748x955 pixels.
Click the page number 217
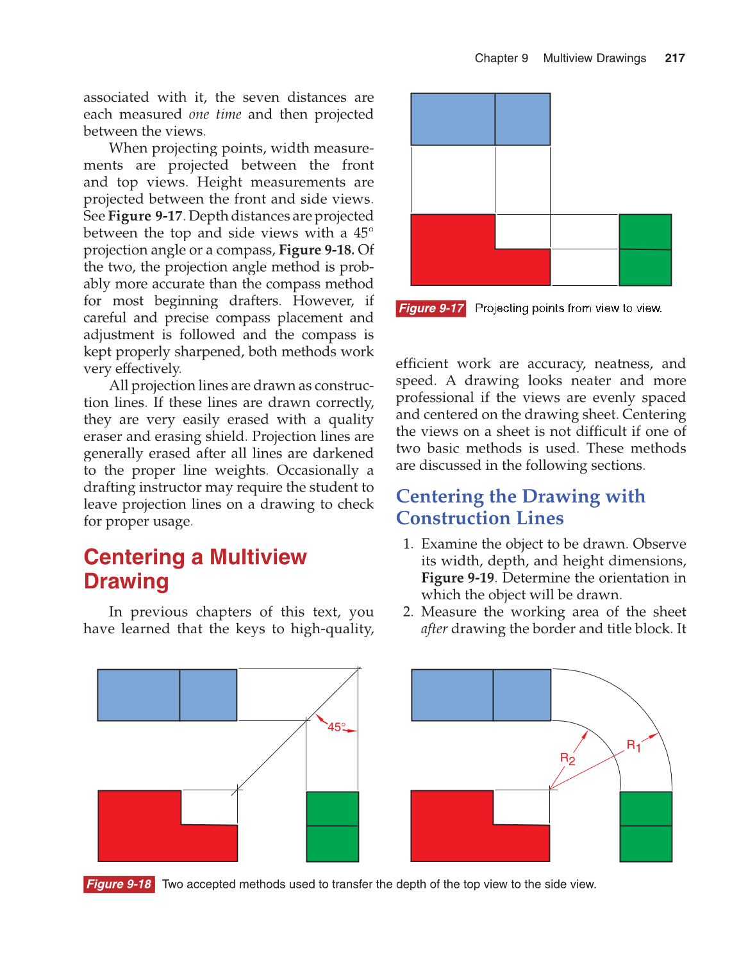pos(674,58)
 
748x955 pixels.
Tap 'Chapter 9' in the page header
pos(501,58)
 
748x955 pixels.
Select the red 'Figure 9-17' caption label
pos(431,308)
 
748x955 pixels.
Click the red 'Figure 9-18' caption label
pos(119,884)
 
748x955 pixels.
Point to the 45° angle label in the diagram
pos(337,727)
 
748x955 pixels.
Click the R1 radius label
pos(633,745)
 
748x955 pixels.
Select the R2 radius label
pos(567,759)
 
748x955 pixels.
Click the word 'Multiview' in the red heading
pos(258,557)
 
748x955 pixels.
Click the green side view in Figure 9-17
pos(645,250)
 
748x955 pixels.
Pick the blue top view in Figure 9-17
pos(480,119)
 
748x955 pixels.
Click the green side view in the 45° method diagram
pos(332,827)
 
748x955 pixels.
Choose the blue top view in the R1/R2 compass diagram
pos(481,695)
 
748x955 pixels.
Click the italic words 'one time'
pos(215,114)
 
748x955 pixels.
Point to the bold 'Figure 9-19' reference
pos(457,577)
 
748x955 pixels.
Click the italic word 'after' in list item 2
pos(434,629)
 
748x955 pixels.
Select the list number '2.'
pos(408,611)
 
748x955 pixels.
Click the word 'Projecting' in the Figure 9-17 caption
pos(501,308)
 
